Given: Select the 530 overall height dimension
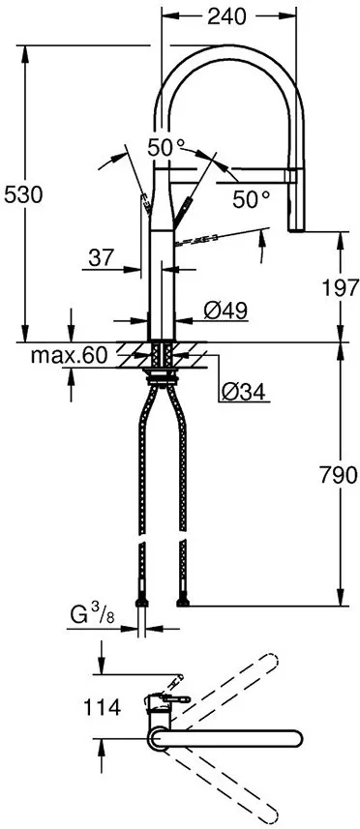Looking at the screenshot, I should click(x=24, y=193).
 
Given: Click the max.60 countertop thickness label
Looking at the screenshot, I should click(x=68, y=357).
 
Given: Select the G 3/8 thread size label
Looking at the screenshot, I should click(x=95, y=615).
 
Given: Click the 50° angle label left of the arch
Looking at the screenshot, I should click(x=165, y=148).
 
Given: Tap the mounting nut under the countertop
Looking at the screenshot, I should click(x=161, y=369).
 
